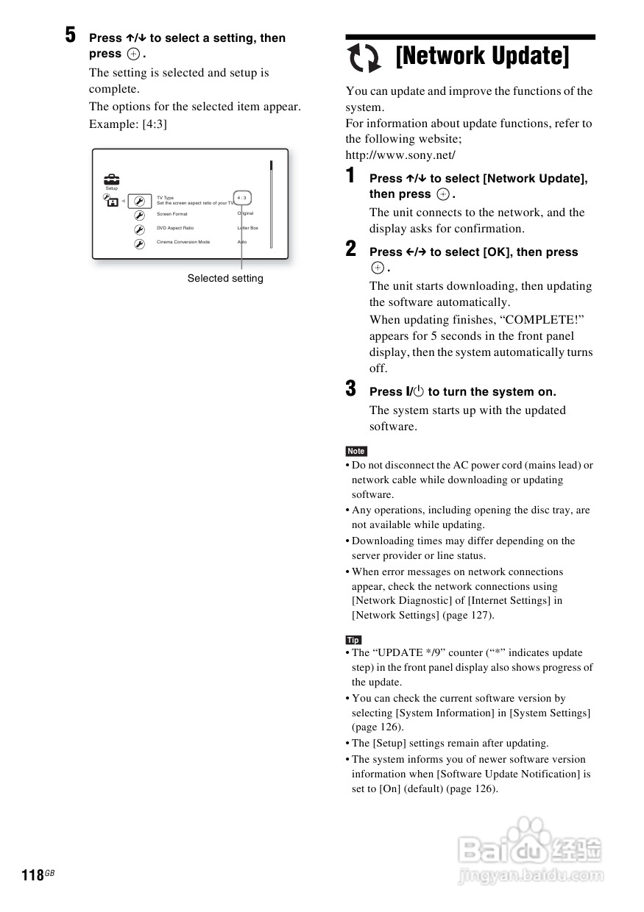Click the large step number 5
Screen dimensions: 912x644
pos(70,35)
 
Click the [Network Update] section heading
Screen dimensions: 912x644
pos(482,56)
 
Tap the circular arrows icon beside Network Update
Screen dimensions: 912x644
pos(364,58)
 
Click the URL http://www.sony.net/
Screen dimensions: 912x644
pos(400,155)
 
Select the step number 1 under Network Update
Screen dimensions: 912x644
pos(351,176)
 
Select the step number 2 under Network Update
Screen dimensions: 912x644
pos(351,249)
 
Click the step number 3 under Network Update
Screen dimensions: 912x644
pos(351,388)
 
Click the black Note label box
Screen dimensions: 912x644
pos(356,451)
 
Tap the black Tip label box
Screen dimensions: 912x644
pos(353,640)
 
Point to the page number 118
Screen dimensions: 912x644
pos(32,875)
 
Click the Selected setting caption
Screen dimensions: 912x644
pos(224,278)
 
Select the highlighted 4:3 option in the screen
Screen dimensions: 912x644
pos(242,199)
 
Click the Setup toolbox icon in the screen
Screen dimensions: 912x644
pos(111,179)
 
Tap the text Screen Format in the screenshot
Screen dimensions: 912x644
pos(172,214)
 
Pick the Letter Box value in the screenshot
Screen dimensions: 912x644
pos(247,228)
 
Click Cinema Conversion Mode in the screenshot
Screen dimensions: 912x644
pos(183,242)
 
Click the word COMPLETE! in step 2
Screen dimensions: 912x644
pos(533,320)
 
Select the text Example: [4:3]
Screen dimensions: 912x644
pos(128,124)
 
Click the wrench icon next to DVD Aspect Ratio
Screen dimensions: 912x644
pos(139,229)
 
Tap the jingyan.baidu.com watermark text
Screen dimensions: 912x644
pos(530,876)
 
